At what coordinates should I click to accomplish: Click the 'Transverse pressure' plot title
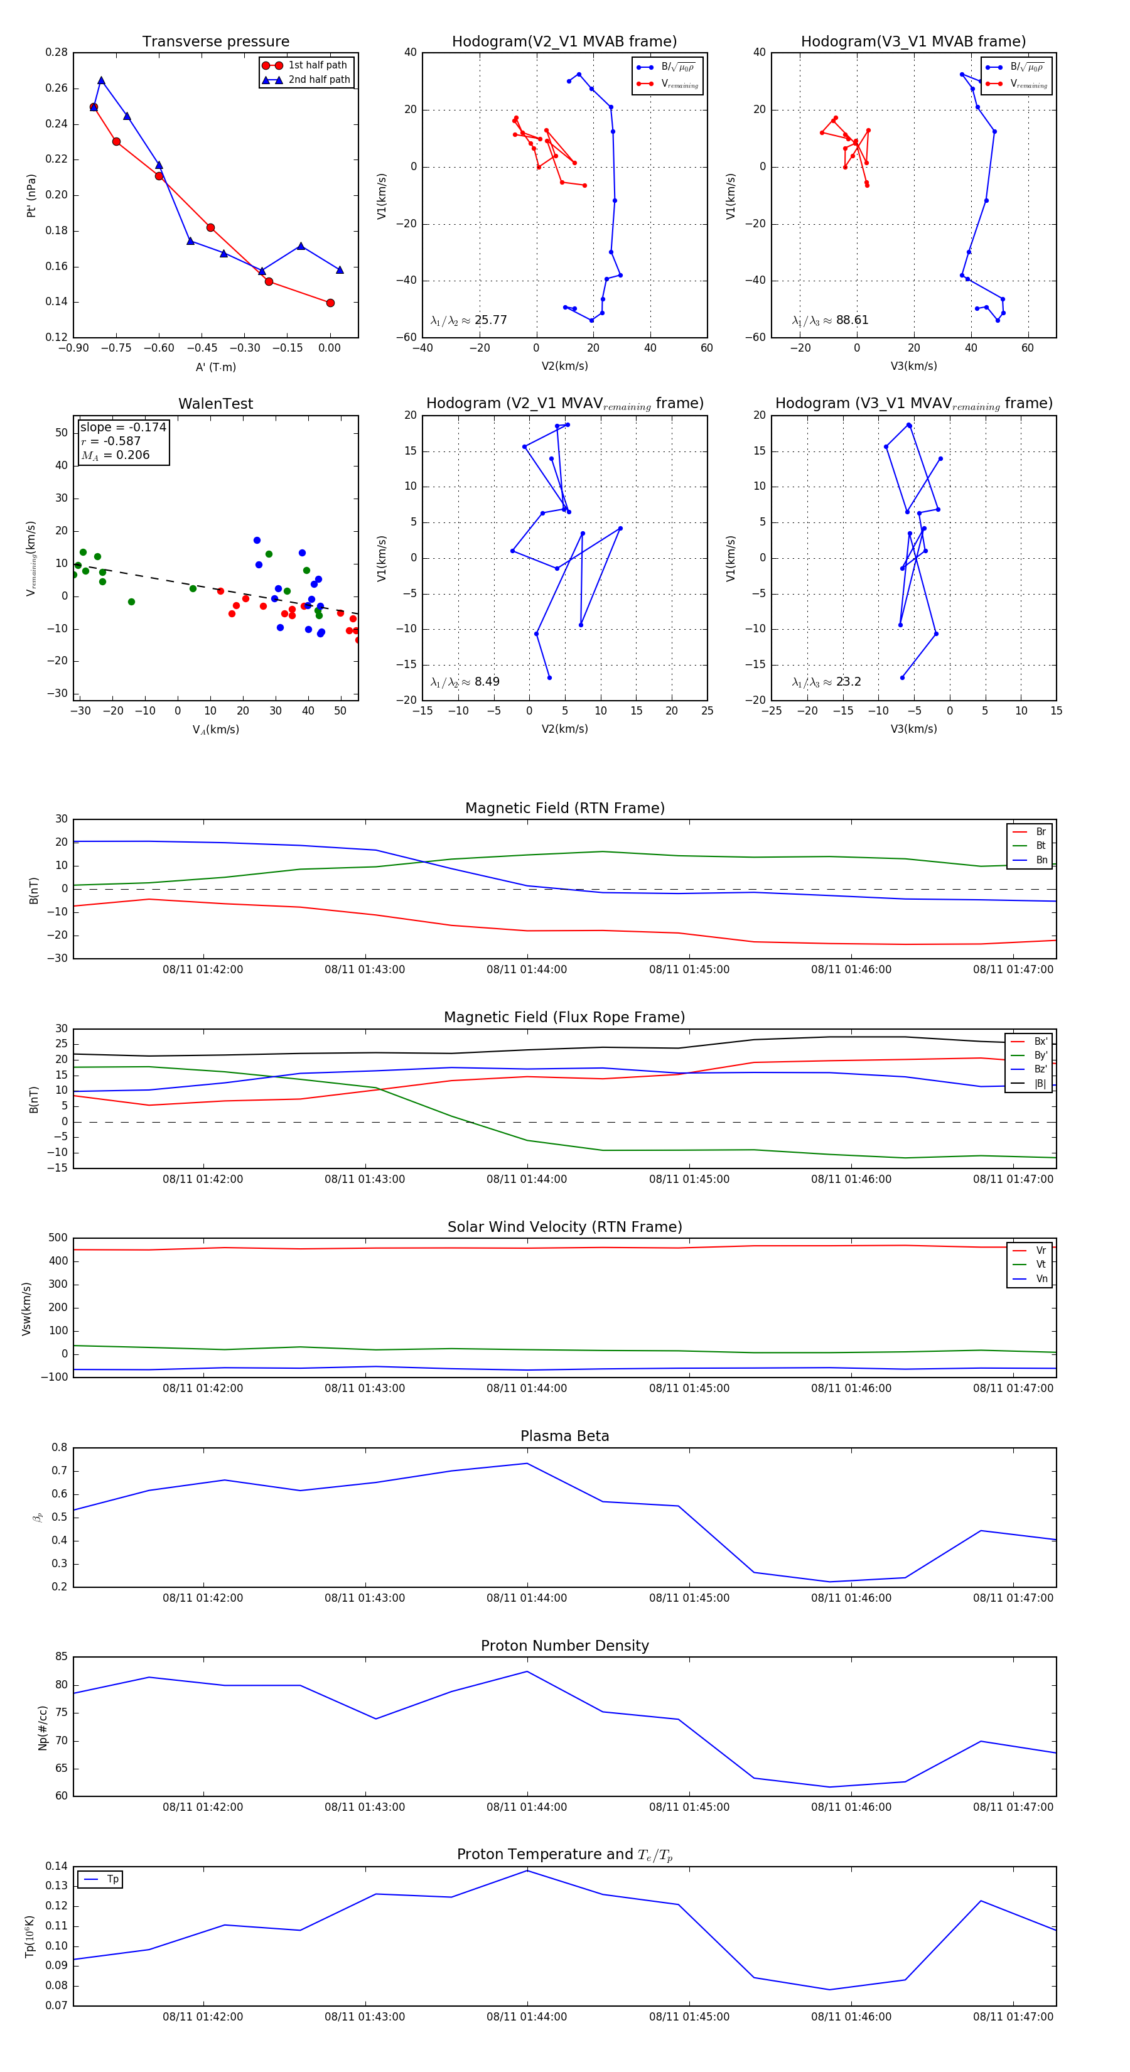click(x=215, y=42)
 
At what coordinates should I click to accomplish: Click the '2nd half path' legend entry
click(x=318, y=80)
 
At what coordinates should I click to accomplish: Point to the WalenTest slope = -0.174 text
click(x=123, y=427)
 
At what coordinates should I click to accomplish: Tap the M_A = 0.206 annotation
click(x=115, y=455)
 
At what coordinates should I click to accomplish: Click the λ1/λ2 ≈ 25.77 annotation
click(x=468, y=320)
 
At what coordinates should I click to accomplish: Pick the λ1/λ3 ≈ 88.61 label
click(x=829, y=320)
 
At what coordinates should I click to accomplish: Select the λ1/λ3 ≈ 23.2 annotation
click(x=826, y=682)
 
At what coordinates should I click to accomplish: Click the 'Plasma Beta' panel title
click(x=564, y=1436)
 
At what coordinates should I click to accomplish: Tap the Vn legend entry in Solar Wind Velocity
click(x=1041, y=1278)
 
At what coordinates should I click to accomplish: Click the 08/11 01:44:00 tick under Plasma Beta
click(x=527, y=1597)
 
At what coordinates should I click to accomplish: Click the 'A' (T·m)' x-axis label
click(x=215, y=367)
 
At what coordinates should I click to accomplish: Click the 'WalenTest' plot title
click(x=215, y=404)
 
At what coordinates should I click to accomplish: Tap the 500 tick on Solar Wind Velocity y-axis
click(x=58, y=1238)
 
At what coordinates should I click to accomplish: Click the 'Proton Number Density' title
click(x=564, y=1646)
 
